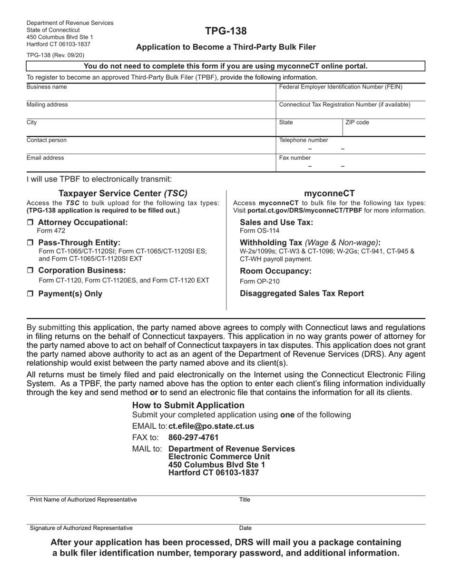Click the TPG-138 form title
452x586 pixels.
[x=226, y=31]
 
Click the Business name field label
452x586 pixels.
[x=47, y=87]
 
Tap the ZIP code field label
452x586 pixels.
[x=357, y=122]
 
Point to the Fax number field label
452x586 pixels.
[x=295, y=158]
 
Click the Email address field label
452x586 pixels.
[x=45, y=158]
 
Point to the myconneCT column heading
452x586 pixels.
[x=329, y=193]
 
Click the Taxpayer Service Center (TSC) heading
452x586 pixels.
[x=123, y=193]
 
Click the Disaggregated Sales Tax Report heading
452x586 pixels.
[x=302, y=293]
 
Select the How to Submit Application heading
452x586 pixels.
[x=188, y=405]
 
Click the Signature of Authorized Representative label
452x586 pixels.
[x=81, y=528]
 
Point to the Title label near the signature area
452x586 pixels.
[x=245, y=500]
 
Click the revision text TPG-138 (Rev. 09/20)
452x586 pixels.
[x=55, y=55]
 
